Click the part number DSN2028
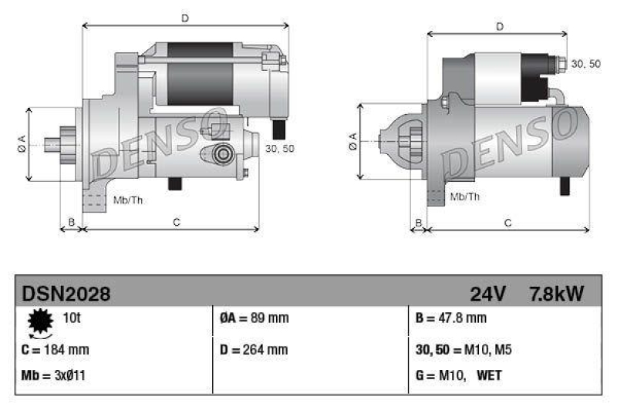click(66, 294)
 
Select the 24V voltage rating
click(487, 294)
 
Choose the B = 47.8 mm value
click(450, 318)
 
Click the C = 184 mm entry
click(56, 349)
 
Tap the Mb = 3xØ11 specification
click(53, 377)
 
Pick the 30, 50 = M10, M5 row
click(463, 349)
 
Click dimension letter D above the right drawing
click(500, 27)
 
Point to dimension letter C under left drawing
click(176, 223)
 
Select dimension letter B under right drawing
click(419, 223)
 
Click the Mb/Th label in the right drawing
click(464, 197)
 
